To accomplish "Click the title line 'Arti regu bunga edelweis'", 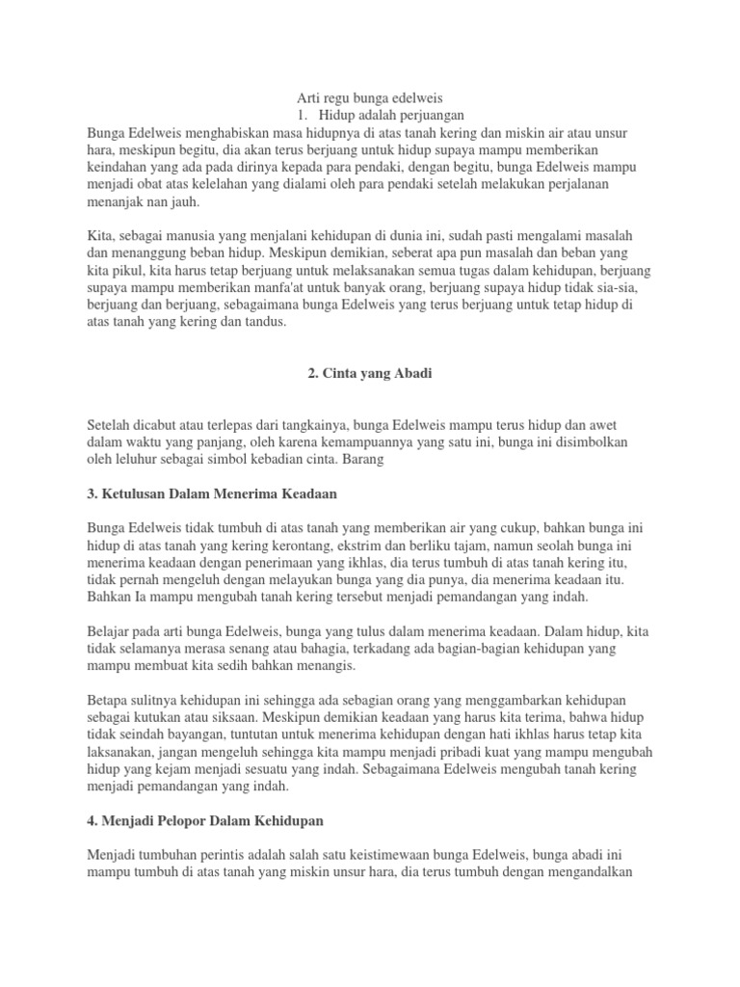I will pyautogui.click(x=370, y=97).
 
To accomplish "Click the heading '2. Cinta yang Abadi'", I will pyautogui.click(x=370, y=374).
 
